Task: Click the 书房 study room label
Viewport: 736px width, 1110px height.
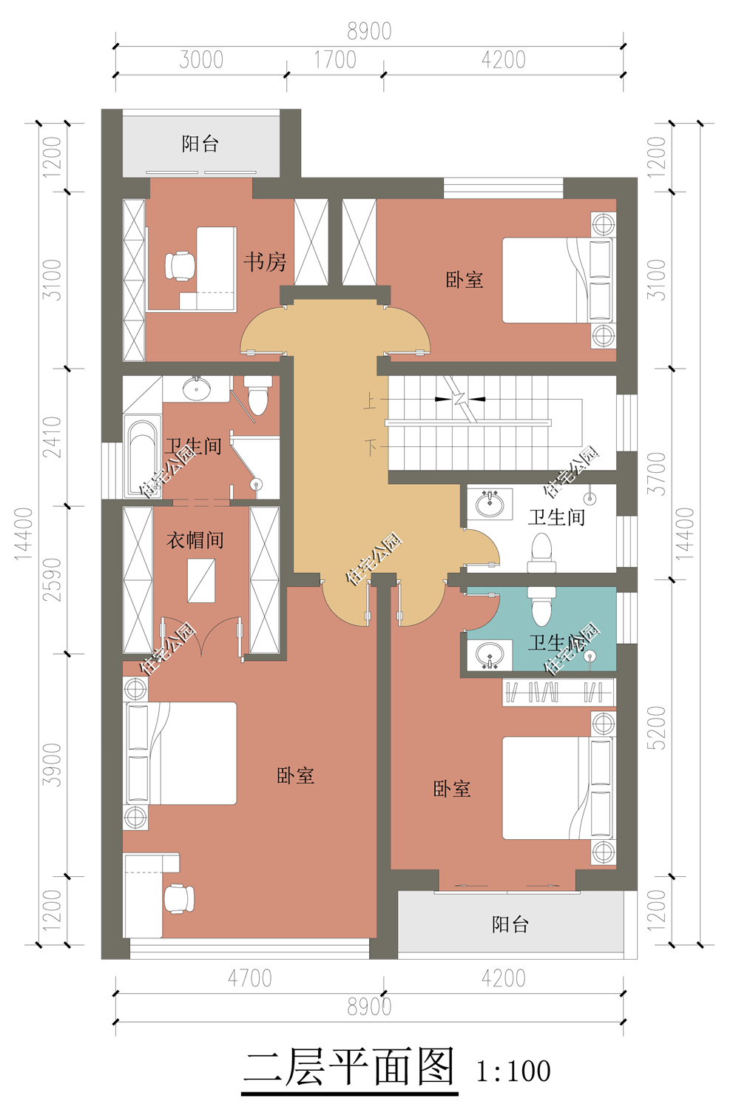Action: click(265, 262)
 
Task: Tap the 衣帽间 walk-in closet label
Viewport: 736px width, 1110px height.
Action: click(195, 539)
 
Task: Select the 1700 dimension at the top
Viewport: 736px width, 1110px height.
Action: click(335, 60)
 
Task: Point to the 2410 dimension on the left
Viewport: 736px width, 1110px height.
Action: click(52, 437)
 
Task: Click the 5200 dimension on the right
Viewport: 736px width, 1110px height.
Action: click(658, 727)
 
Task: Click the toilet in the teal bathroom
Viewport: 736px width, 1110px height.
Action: click(541, 607)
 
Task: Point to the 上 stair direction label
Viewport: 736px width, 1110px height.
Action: click(370, 401)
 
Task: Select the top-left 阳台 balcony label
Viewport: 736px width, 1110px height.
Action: click(200, 144)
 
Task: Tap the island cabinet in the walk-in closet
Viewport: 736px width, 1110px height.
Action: click(201, 581)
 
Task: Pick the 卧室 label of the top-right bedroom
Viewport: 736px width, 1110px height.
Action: click(464, 280)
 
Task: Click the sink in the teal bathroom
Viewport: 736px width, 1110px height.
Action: click(490, 655)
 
